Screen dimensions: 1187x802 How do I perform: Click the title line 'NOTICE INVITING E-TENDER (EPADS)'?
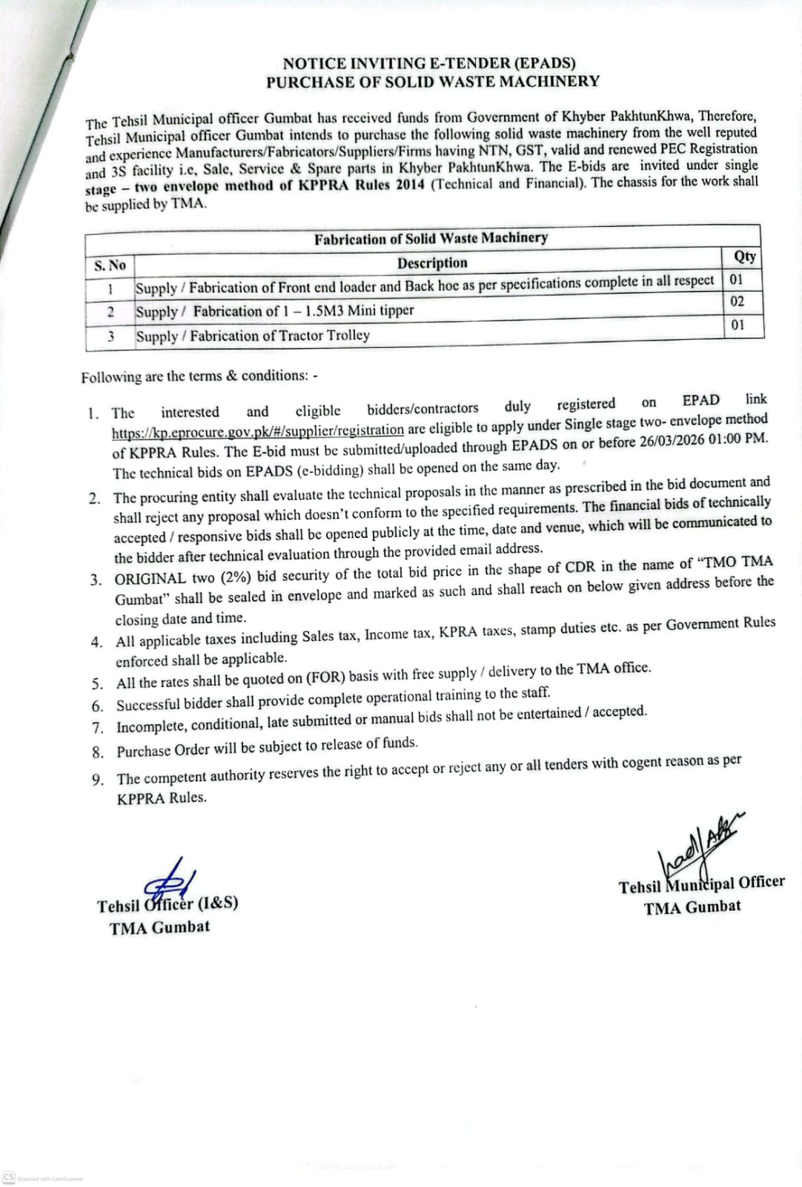pos(428,64)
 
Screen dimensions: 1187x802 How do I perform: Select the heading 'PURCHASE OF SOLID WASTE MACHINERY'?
pos(433,82)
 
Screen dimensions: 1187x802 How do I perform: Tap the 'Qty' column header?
pos(744,257)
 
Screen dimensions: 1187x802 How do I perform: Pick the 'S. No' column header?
pos(110,266)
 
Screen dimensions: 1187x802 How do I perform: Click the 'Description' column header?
pos(432,263)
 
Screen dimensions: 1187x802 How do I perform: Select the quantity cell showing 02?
pos(737,302)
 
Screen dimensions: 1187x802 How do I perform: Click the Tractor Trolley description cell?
pos(253,336)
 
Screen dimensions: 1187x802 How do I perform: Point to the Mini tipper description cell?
pos(275,312)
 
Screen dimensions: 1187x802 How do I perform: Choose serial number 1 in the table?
pos(110,289)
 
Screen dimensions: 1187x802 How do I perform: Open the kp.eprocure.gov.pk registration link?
pos(258,431)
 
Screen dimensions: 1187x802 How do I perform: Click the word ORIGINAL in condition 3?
pos(150,579)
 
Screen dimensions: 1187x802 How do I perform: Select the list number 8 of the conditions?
pos(98,752)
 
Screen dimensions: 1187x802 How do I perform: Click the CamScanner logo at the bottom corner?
pos(9,1177)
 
